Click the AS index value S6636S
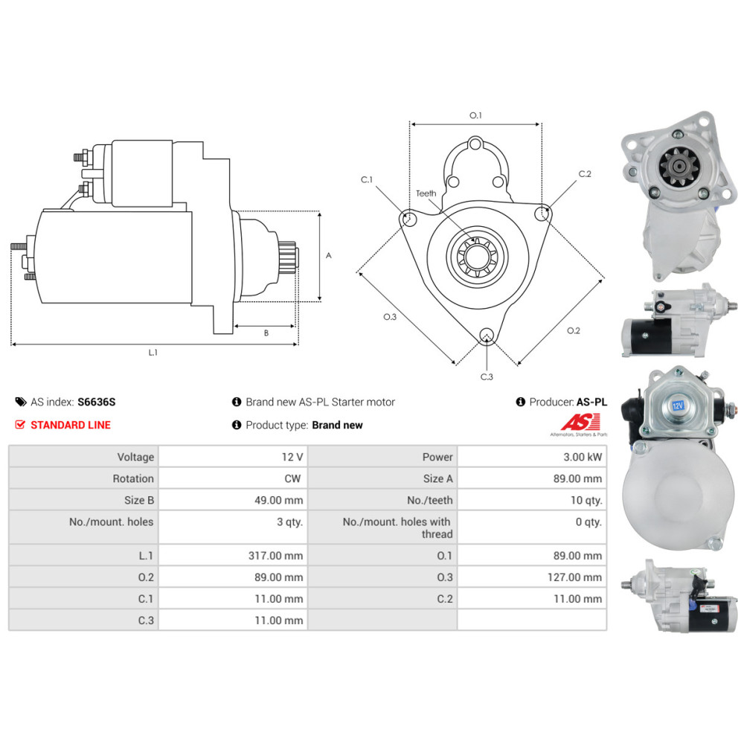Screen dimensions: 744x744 click(97, 402)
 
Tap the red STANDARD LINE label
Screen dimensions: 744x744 click(70, 425)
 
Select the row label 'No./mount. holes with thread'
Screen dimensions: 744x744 click(397, 527)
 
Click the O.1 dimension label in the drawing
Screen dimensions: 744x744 click(475, 115)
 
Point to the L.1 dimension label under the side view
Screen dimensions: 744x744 click(153, 353)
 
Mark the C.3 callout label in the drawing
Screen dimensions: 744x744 click(487, 376)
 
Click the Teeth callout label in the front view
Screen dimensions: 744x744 click(426, 193)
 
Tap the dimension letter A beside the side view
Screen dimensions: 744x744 click(329, 255)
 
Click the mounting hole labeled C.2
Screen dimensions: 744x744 click(542, 214)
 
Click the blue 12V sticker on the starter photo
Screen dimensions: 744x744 click(678, 406)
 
